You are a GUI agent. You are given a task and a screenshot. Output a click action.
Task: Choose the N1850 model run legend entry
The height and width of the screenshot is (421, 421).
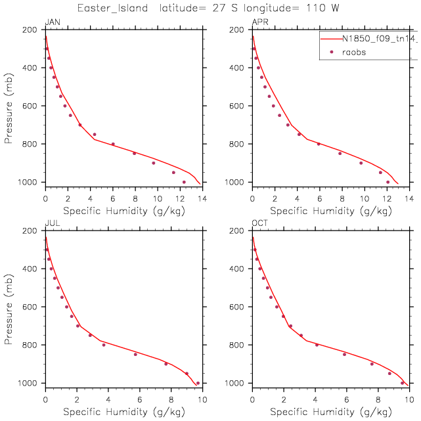click(368, 39)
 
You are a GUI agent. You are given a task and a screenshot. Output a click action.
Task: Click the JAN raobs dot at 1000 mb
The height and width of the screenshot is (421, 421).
click(184, 182)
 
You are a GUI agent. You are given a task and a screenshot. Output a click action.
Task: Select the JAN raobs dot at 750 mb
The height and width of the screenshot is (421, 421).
click(95, 135)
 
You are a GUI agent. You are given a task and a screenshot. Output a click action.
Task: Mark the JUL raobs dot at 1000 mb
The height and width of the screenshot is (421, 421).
click(198, 383)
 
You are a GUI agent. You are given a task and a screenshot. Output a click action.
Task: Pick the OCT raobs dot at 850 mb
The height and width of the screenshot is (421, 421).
click(344, 354)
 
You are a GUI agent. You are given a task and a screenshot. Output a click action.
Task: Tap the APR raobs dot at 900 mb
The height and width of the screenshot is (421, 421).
click(361, 163)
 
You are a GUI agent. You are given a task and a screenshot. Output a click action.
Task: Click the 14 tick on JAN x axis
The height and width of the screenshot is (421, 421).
click(202, 199)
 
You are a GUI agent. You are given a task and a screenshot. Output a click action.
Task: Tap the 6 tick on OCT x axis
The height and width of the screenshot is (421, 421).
click(347, 400)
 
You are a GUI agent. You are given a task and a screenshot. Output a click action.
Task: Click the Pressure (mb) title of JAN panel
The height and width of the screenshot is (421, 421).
click(9, 105)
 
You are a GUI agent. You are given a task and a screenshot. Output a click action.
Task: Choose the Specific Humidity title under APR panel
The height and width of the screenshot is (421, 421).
click(331, 211)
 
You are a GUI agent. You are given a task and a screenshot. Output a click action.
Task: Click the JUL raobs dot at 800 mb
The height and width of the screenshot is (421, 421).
click(104, 345)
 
